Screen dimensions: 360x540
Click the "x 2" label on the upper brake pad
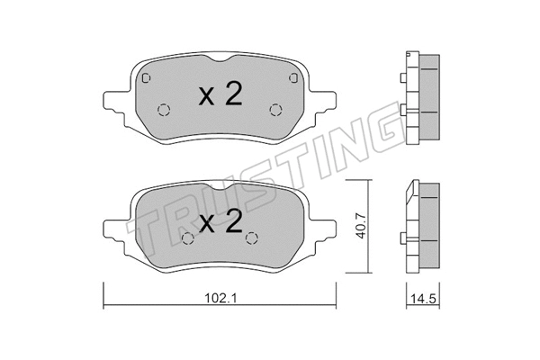coord(219,96)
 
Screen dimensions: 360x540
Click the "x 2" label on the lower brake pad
coord(219,223)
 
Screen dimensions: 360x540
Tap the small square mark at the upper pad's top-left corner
coord(146,77)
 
